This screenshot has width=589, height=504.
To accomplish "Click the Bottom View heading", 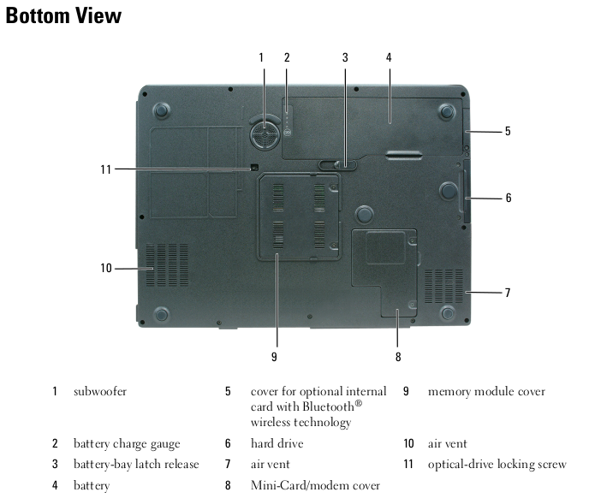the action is click(63, 15).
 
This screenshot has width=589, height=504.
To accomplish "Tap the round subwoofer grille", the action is click(265, 134).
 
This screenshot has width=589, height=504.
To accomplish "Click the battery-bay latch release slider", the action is click(337, 164).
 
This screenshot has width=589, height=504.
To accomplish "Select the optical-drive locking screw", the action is click(254, 167).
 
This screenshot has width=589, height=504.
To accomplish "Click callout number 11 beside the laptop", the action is click(106, 169).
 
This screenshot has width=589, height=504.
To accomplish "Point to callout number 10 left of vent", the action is click(106, 268).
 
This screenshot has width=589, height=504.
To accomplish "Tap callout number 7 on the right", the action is click(508, 293).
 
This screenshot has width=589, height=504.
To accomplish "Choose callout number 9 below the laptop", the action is click(274, 357).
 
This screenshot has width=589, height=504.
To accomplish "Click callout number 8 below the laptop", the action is click(398, 357).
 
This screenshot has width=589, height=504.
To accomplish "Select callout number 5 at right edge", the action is click(508, 131).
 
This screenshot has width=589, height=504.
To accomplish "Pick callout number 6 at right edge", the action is click(509, 198).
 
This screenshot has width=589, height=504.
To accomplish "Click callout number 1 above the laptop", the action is click(261, 57).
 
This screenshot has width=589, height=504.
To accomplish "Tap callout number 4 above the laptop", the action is click(389, 57).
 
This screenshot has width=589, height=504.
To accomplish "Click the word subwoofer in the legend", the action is click(100, 391).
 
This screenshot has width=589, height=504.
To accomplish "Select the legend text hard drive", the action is click(277, 443).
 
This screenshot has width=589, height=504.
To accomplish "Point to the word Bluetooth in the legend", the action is click(328, 406).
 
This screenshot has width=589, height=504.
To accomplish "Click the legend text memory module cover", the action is click(487, 391).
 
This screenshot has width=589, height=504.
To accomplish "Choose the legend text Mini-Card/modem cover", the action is click(316, 485).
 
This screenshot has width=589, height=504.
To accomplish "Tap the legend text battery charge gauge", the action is click(127, 444).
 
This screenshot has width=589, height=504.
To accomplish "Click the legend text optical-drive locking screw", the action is click(497, 465).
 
